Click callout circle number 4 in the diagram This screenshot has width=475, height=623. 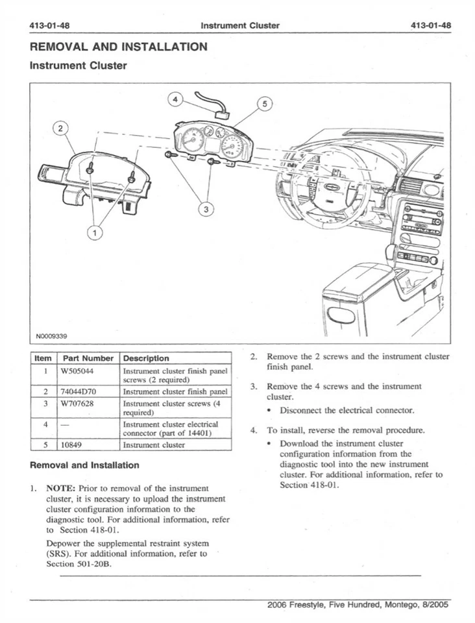tap(175, 99)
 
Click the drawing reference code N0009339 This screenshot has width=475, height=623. tap(53, 336)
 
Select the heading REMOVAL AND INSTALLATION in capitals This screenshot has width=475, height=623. tap(119, 47)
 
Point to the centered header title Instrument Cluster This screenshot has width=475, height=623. tap(240, 25)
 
